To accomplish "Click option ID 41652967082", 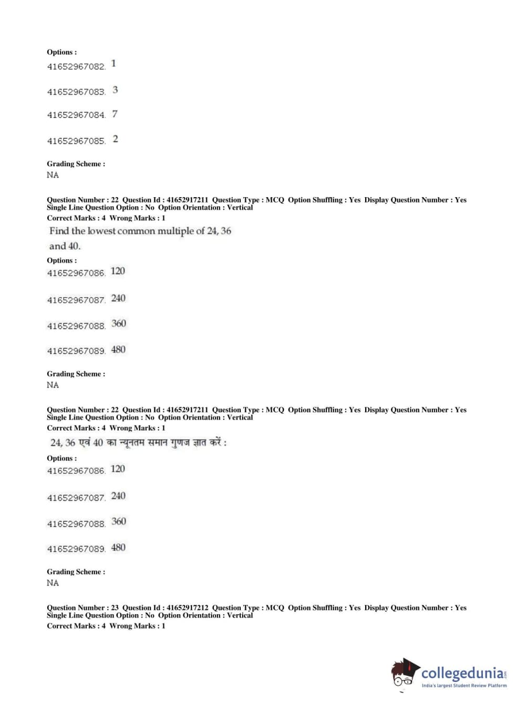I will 76,67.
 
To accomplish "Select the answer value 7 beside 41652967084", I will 115,114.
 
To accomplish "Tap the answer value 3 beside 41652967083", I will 115,90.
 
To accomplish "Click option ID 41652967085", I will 76,141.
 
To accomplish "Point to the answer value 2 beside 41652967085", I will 116,139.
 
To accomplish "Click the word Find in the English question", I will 59,231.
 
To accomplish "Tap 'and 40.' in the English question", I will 65,246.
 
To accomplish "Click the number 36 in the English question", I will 225,231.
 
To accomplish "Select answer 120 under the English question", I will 118,271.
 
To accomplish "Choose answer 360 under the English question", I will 118,323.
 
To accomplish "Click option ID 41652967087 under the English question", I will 76,300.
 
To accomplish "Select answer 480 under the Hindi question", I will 118,547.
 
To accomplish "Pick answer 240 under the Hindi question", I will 118,496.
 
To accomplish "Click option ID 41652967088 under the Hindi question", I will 76,524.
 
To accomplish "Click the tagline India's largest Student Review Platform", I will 464,686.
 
